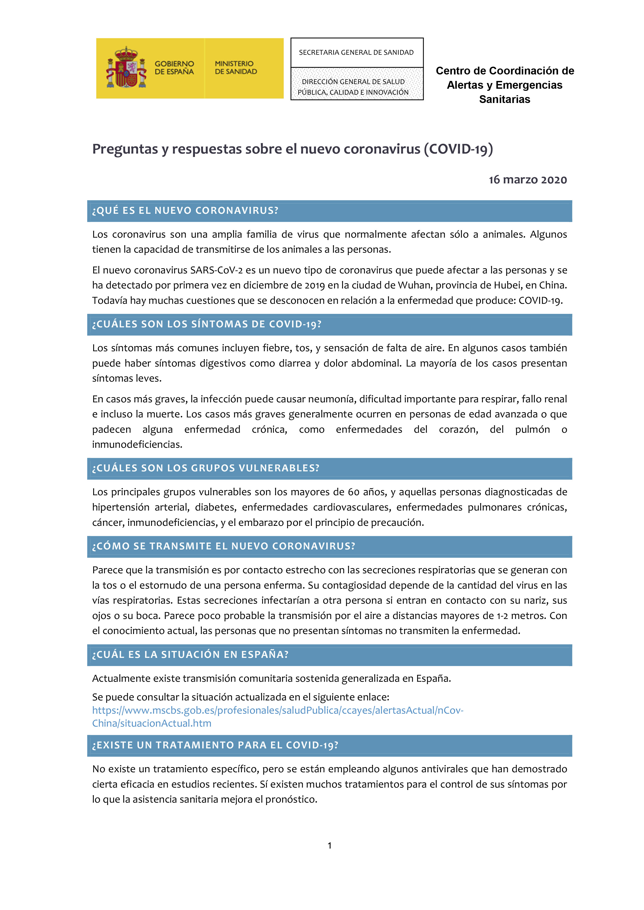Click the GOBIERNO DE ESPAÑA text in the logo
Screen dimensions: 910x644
point(174,68)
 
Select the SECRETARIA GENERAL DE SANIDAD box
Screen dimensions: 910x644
point(356,53)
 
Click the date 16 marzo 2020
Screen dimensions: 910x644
point(527,180)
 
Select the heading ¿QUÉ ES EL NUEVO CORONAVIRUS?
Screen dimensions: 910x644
point(185,211)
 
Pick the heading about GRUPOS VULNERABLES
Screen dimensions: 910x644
point(205,468)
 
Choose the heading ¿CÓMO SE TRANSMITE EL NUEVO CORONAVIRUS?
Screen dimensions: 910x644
point(224,547)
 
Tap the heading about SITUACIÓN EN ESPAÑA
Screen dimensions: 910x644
point(190,655)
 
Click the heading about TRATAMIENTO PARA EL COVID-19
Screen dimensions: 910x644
point(215,746)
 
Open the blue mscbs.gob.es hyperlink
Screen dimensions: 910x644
point(277,711)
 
